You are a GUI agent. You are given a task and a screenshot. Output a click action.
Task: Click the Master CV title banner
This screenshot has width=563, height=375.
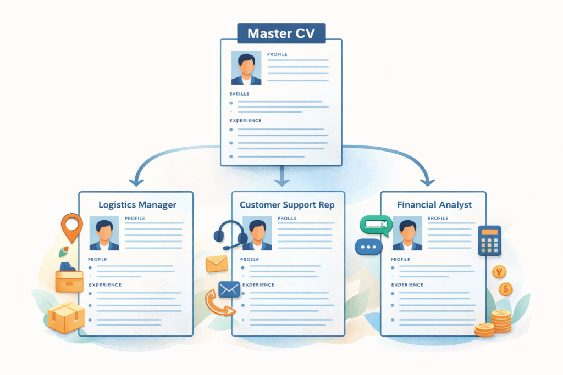pos(281,33)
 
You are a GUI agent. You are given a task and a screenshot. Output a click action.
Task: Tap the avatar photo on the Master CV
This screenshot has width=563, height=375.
pos(246,68)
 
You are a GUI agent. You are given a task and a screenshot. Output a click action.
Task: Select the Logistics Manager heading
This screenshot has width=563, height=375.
pos(137,205)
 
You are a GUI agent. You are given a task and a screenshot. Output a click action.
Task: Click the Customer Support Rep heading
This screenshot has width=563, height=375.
pos(288,205)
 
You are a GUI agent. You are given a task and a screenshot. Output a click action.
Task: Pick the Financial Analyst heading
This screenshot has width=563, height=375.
pos(434,205)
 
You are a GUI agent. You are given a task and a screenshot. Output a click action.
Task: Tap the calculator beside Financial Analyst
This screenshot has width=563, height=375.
pos(489,240)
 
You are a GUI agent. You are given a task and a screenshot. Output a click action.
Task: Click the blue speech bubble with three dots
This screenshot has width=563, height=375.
pos(368,247)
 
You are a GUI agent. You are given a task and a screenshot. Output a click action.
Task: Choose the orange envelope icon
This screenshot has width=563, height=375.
pos(217,264)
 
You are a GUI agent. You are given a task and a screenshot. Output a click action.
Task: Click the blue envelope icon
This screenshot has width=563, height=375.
pos(228,289)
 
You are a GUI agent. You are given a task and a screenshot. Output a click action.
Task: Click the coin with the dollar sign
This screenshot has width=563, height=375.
pos(506,289)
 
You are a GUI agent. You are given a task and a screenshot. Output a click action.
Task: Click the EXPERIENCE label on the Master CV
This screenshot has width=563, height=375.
pos(245,121)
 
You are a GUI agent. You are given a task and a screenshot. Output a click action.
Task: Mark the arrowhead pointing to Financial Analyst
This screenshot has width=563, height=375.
pos(427,181)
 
